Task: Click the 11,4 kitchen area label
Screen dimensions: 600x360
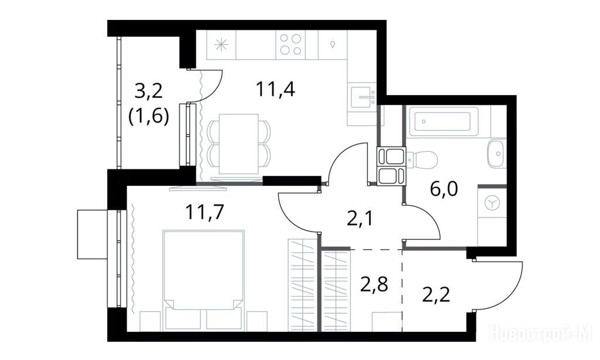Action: coord(275,90)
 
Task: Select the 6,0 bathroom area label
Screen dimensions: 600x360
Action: coord(444,189)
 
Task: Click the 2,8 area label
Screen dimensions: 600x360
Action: coord(374,284)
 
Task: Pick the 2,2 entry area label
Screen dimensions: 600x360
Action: coord(436,294)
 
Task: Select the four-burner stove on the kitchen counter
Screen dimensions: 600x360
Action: coord(291,45)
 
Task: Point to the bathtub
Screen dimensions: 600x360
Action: coord(443,121)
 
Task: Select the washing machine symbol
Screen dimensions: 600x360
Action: coord(492,203)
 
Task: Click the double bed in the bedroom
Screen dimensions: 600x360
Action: coord(203,280)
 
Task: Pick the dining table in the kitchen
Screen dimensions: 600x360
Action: coord(239,144)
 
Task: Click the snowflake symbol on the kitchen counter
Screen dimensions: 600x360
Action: coord(221,45)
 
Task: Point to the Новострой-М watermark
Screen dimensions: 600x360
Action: coord(540,333)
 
